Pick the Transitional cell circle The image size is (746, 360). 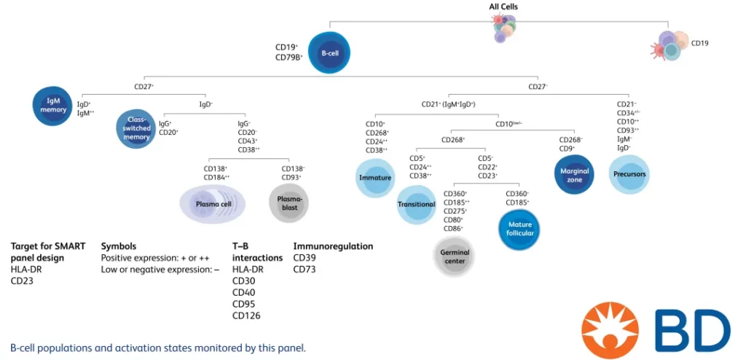(416, 204)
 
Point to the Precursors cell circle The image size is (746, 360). (629, 174)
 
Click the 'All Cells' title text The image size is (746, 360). (503, 7)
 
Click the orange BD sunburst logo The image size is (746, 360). (613, 328)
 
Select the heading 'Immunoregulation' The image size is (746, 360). (333, 246)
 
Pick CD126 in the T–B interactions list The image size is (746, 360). (246, 316)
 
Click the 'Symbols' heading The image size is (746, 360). (119, 246)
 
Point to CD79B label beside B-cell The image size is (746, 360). (288, 57)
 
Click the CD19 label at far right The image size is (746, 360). (699, 43)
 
